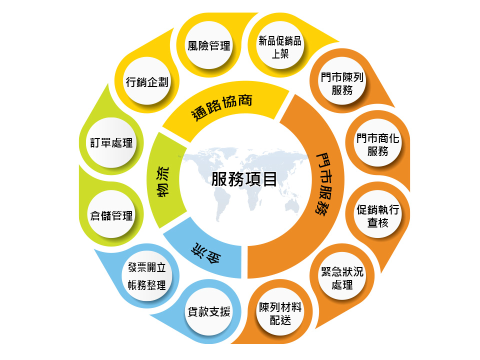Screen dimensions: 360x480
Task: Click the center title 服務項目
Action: (x=244, y=178)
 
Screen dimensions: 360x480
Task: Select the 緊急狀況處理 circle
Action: (x=342, y=278)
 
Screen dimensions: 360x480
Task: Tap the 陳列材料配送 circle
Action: (x=280, y=313)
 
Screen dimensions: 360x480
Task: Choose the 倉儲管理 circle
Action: (x=111, y=216)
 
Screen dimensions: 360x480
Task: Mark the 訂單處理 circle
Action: (x=111, y=143)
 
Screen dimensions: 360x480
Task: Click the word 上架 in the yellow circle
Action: (x=280, y=53)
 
